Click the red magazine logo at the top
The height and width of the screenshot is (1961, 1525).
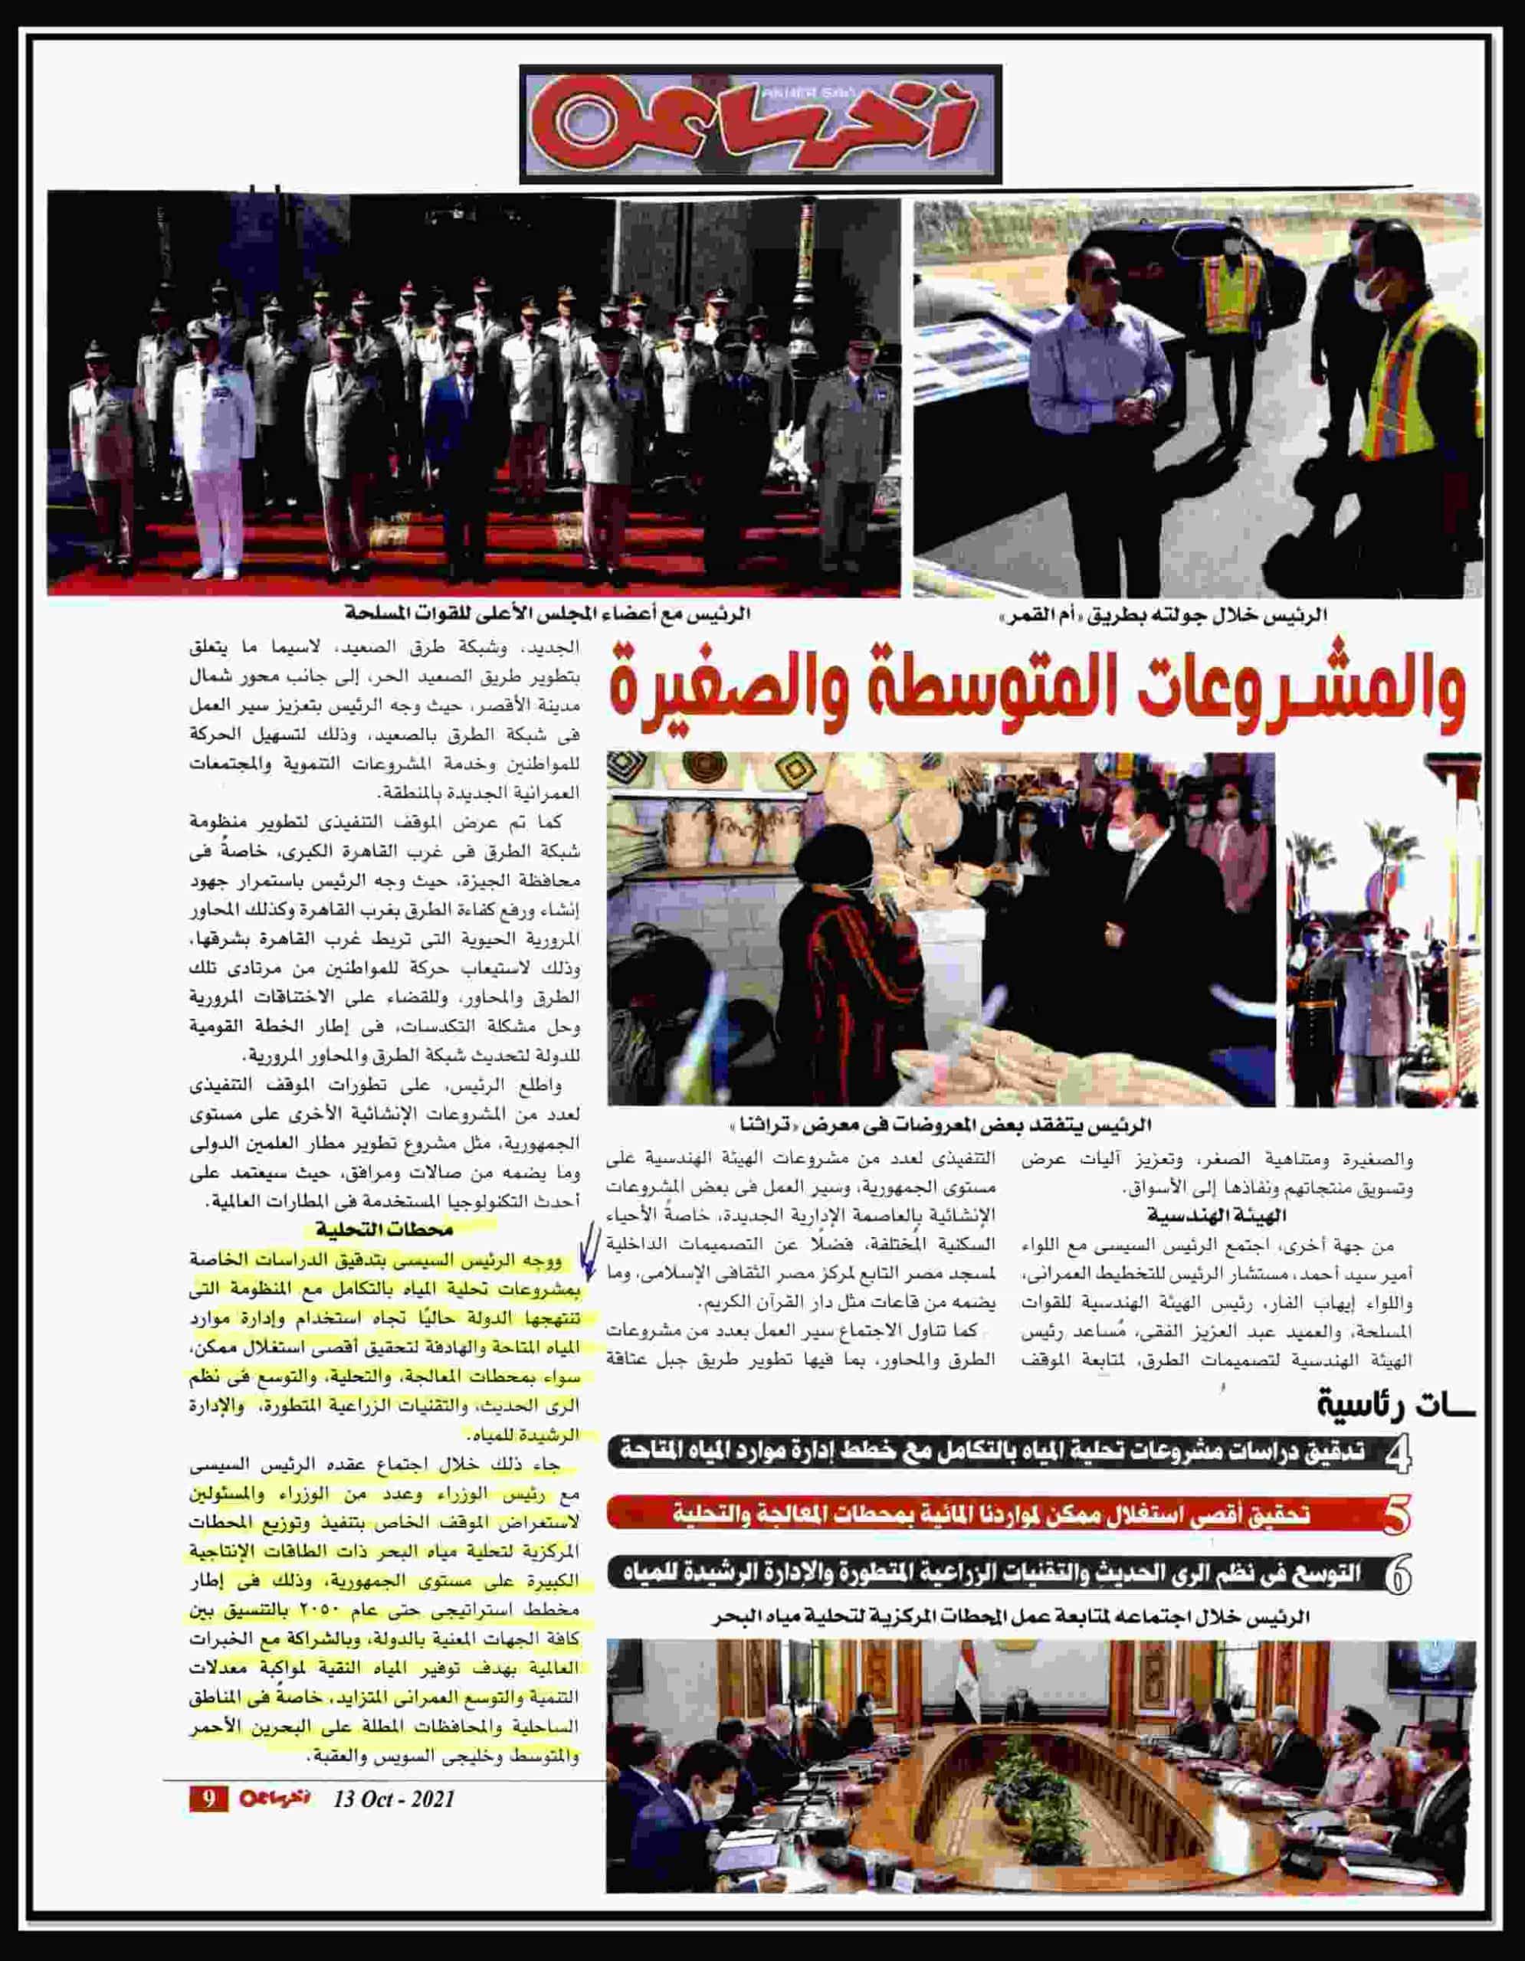(x=761, y=124)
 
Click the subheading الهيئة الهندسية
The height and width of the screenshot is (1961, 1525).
(x=1217, y=1216)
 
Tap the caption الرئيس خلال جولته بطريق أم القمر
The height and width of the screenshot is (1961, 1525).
(x=1163, y=616)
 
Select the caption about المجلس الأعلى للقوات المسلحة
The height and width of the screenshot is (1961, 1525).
(x=548, y=615)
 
